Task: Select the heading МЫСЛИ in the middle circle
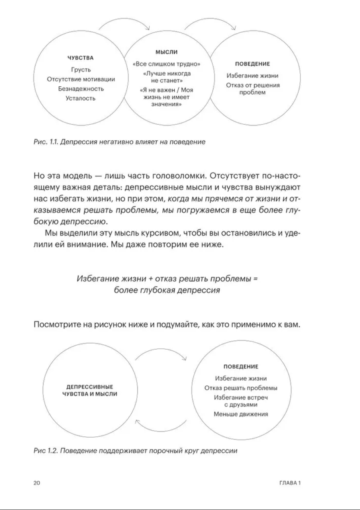(166, 52)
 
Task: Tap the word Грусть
(81, 70)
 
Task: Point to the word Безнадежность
(81, 88)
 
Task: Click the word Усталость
(81, 98)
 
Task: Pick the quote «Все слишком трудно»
(166, 64)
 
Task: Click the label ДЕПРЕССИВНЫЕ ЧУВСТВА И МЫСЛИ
(89, 390)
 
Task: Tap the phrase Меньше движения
(241, 414)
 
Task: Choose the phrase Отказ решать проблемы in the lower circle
(241, 388)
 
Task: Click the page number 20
(36, 483)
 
